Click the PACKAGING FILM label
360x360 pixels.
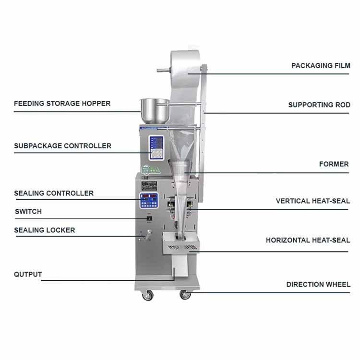[321, 66]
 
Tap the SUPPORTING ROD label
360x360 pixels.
[319, 105]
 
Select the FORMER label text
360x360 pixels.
[334, 164]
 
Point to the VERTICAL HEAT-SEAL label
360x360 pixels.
[312, 201]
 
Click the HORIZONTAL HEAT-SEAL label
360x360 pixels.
[308, 240]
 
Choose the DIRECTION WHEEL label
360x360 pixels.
[318, 284]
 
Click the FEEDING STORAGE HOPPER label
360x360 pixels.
[62, 103]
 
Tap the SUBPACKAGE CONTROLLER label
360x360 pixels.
[62, 145]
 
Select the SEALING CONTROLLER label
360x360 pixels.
[54, 193]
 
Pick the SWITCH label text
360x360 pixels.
[28, 211]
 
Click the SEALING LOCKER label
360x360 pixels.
[45, 230]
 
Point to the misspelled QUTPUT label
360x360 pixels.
[28, 275]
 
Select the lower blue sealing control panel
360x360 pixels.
[148, 201]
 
